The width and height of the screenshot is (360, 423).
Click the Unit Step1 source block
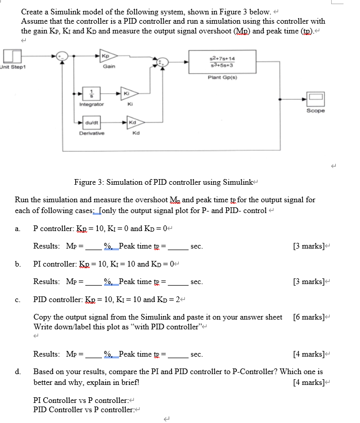(12, 56)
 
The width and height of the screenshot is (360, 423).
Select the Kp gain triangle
(108, 56)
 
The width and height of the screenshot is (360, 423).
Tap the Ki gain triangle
(129, 93)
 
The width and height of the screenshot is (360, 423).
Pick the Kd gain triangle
(135, 122)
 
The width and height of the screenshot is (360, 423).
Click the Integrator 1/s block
(91, 93)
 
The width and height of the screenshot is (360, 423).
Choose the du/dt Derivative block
(92, 123)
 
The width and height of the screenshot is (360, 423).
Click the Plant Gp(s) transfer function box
(222, 62)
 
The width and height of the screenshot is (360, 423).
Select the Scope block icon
(315, 99)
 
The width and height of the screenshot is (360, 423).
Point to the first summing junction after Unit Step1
(62, 56)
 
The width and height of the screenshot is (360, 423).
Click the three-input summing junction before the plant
(163, 62)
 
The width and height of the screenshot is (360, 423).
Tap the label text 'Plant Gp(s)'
(222, 77)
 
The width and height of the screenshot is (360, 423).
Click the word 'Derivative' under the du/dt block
(92, 133)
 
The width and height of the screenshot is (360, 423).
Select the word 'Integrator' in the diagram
(92, 104)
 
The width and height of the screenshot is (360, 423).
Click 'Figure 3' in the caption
(89, 182)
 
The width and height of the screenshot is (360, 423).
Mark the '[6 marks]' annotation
(308, 317)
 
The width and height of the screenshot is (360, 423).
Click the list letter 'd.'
(18, 372)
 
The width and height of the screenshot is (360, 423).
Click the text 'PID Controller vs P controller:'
(84, 410)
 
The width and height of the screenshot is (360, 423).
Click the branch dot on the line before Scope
(280, 99)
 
